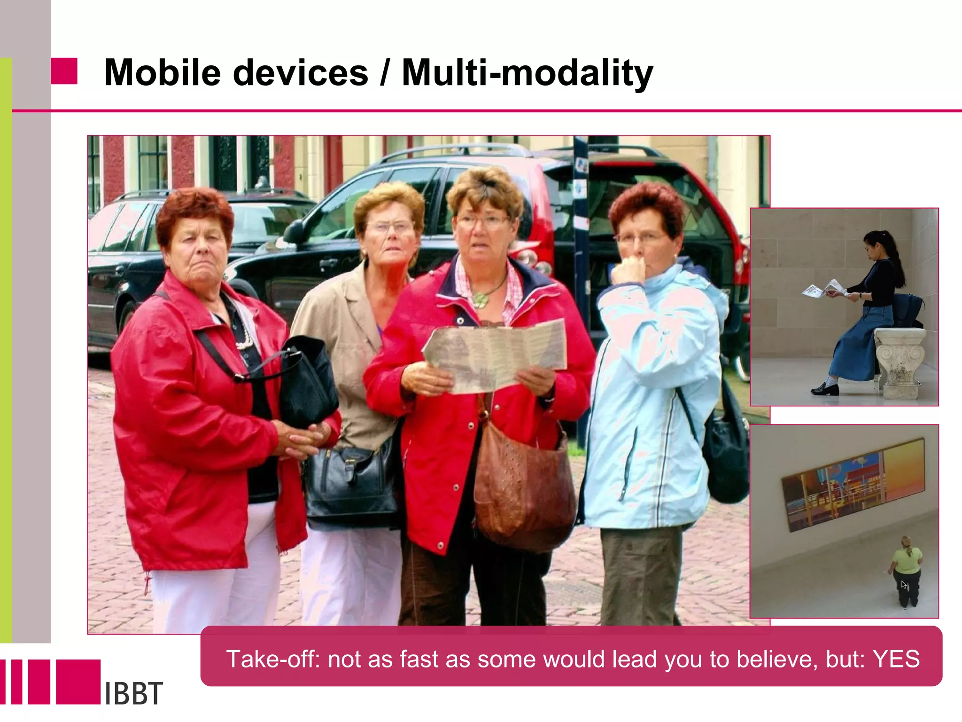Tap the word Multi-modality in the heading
tap(527, 73)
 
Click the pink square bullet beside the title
tap(64, 71)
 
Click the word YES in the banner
tap(896, 659)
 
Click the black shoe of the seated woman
tap(825, 389)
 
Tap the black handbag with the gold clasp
tap(351, 484)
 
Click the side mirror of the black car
tap(294, 230)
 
